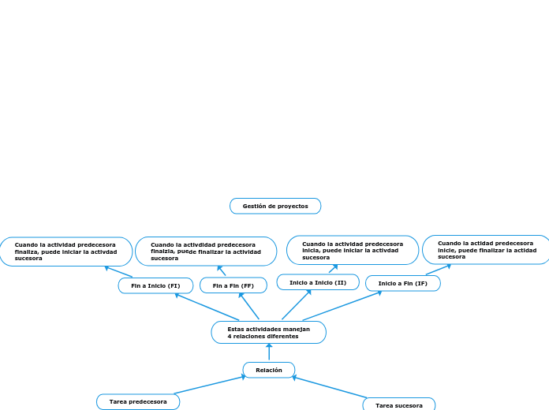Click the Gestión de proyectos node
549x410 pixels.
coord(275,206)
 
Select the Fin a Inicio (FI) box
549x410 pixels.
coord(155,285)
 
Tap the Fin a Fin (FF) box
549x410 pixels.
coord(233,285)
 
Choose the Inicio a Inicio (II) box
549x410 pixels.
coord(318,282)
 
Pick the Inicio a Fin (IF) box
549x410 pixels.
coord(402,283)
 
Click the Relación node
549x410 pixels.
coord(269,370)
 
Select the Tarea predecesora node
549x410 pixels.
coord(138,401)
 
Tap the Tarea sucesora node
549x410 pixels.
coord(398,404)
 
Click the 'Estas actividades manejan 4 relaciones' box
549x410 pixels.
coord(268,333)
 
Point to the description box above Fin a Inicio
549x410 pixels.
coord(66,252)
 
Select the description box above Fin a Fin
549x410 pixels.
coord(206,252)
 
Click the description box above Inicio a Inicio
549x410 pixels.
coord(353,250)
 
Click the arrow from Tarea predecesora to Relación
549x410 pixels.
coord(209,385)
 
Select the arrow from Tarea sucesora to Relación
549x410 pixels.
coord(330,387)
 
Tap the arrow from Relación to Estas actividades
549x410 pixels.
coord(269,352)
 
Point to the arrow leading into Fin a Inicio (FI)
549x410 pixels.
coord(207,307)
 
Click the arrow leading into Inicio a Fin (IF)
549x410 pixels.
coord(342,306)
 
